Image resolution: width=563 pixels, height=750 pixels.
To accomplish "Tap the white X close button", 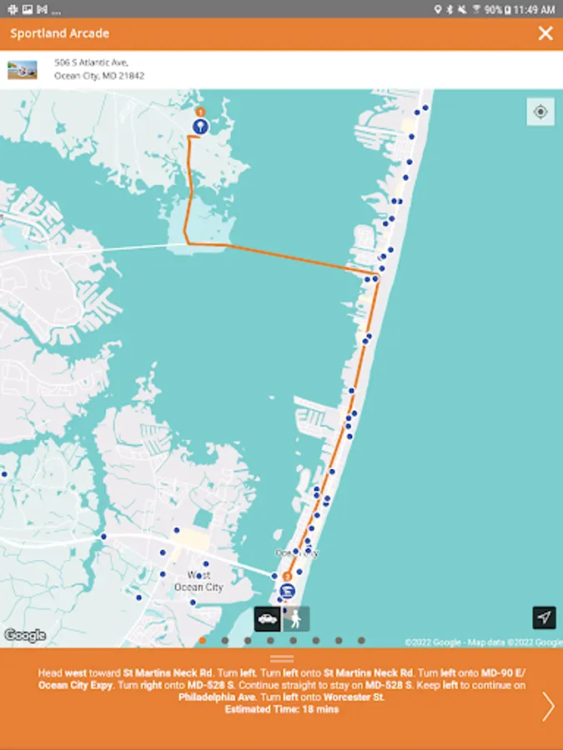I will point(545,33).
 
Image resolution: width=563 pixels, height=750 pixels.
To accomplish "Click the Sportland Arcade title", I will point(60,33).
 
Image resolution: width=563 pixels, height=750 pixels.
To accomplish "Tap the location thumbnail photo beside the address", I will point(23,70).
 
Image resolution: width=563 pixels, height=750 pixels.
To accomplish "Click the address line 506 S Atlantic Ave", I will point(91,62).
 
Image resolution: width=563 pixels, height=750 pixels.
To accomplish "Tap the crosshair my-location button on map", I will point(540,112).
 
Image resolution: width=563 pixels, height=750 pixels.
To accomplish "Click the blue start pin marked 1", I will point(200,126).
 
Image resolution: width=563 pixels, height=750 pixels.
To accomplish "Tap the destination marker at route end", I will point(288,590).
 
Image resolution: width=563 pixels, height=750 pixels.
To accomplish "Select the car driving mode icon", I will point(268,618).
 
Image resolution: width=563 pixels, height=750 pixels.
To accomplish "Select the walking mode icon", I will point(296,618).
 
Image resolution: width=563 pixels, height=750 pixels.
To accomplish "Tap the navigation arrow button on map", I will point(544,617).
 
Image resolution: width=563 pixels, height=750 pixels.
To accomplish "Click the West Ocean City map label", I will point(199,581).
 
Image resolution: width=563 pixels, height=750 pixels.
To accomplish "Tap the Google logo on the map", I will point(24,636).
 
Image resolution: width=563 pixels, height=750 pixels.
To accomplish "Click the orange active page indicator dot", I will point(203,641).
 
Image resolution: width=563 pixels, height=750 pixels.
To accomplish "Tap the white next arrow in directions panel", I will point(548,706).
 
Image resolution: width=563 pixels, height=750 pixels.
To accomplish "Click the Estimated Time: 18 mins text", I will point(282,710).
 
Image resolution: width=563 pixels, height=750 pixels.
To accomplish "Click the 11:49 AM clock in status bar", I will point(535,9).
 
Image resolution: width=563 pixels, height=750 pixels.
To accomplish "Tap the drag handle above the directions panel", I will point(282,658).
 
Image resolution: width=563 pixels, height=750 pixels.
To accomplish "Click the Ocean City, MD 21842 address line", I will point(99,75).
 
